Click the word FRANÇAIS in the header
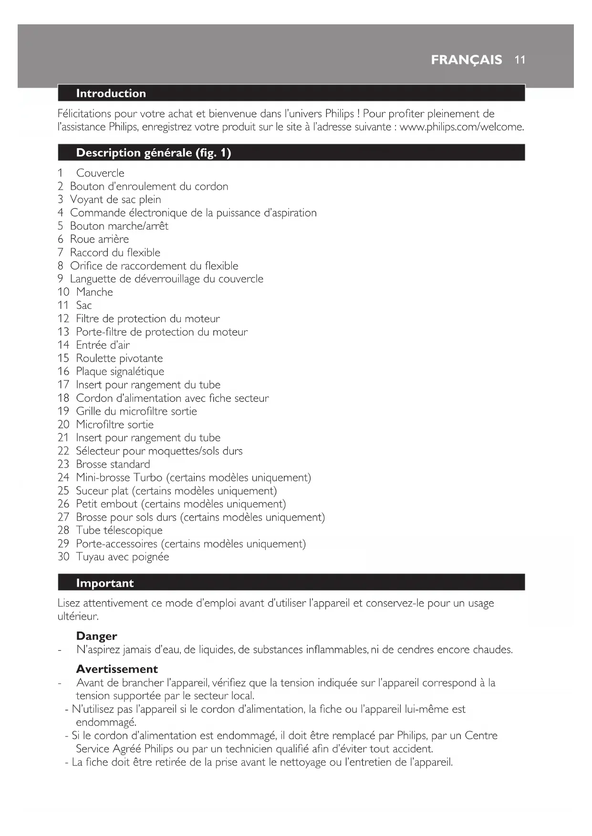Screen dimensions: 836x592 (466, 60)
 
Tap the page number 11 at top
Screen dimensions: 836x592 (520, 60)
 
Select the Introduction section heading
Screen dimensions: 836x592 (111, 93)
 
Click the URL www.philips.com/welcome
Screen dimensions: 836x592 (461, 127)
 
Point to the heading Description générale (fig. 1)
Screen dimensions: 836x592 (153, 153)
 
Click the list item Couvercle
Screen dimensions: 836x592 (100, 173)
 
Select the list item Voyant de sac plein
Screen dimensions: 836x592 (115, 199)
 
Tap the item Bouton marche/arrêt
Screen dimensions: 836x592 (119, 226)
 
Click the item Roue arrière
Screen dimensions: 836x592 (99, 239)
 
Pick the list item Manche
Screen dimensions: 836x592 (94, 292)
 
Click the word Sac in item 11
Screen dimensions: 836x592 (84, 306)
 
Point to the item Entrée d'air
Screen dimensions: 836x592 (103, 345)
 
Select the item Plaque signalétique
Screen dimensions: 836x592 (120, 371)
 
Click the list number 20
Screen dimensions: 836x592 (63, 425)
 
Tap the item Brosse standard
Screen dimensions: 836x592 (113, 464)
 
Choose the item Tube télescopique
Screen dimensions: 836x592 (119, 530)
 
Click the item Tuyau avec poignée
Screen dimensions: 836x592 (122, 557)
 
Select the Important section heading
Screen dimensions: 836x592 (104, 583)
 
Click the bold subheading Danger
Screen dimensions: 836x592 (96, 636)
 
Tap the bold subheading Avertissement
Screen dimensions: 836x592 (117, 669)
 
